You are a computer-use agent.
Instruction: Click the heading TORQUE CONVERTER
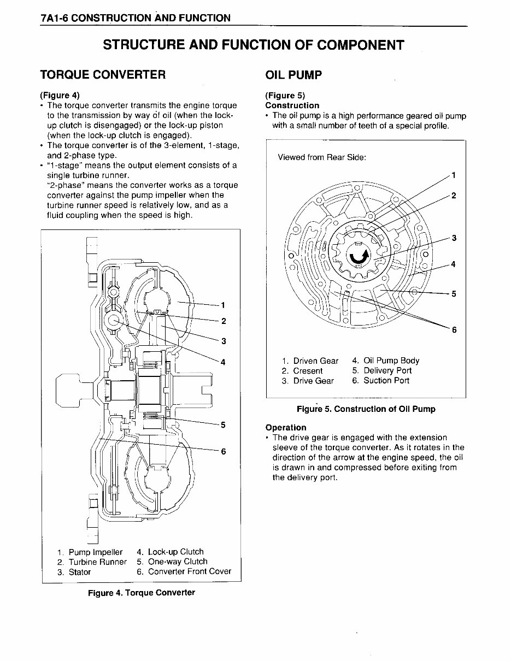pos(103,74)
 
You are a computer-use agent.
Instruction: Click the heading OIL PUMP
pos(293,74)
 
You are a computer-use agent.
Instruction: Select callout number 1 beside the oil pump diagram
pos(453,175)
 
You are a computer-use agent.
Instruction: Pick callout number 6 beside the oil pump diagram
pos(453,329)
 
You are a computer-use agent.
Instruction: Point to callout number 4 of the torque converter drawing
pos(224,362)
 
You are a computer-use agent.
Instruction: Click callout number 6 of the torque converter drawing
pos(224,451)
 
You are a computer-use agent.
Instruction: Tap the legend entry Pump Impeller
pos(95,552)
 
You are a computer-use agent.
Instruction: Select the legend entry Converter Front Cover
pos(189,571)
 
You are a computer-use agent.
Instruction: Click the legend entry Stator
pos(79,572)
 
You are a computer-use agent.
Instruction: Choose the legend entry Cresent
pos(308,371)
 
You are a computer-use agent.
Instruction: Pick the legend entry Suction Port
pos(386,381)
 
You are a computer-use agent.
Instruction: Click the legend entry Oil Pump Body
pos(391,361)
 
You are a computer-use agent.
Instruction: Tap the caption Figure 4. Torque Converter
pos(141,593)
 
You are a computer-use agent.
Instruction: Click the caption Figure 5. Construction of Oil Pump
pos(366,409)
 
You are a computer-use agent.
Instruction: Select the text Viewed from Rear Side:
pos(321,157)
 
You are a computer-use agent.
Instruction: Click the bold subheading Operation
pos(285,427)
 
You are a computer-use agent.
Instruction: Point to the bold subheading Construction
pos(292,105)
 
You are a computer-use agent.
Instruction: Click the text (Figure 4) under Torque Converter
pos(60,95)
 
